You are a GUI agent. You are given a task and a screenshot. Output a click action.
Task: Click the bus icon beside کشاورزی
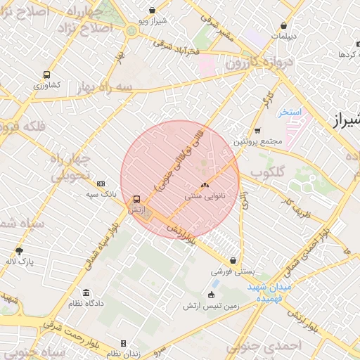(46, 74)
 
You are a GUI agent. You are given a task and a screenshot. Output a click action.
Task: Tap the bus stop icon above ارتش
(136, 198)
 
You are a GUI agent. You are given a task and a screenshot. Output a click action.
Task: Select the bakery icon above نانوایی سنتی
(205, 186)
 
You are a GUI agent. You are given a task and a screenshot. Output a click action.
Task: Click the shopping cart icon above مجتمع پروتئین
(257, 130)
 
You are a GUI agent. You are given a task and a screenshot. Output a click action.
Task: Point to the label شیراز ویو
(153, 21)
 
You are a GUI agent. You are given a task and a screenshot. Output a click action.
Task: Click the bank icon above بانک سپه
(101, 183)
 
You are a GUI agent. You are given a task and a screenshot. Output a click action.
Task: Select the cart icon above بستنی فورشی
(233, 260)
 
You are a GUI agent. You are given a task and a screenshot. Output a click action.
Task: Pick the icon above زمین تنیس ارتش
(212, 295)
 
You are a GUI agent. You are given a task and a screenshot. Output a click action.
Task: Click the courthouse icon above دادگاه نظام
(86, 292)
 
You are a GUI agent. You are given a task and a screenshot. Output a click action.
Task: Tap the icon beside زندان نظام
(124, 344)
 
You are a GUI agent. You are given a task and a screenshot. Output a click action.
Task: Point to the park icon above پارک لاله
(19, 250)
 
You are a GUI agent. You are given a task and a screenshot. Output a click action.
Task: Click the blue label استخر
(289, 112)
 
